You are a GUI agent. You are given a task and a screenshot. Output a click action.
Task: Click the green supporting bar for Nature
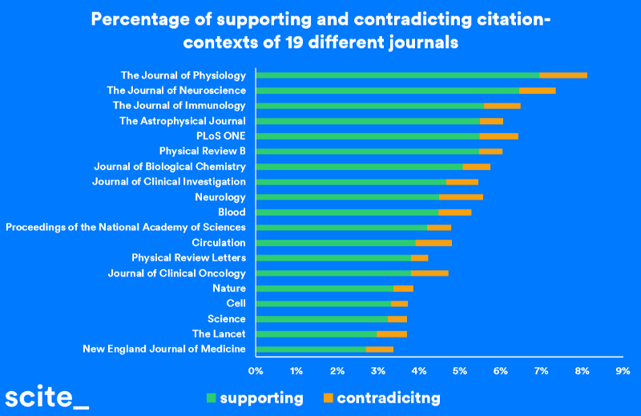325,289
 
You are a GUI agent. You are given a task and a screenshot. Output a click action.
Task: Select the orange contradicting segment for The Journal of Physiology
563,75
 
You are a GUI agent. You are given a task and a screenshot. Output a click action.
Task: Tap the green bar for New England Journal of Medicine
311,349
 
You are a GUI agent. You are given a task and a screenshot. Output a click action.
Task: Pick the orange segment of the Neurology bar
461,197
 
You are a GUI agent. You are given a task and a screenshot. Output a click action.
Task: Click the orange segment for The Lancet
392,334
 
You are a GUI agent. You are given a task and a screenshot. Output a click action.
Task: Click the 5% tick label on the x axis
460,371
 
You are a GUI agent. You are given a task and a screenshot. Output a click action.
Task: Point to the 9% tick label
623,371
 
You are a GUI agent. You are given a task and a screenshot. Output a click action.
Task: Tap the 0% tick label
256,371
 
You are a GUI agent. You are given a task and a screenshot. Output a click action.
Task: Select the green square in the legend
212,398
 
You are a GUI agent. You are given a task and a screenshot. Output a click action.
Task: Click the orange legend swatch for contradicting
329,398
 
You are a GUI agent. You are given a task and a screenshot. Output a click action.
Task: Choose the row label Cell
236,304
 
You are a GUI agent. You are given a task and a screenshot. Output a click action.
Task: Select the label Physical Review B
202,151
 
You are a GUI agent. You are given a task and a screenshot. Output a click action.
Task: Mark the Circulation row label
218,243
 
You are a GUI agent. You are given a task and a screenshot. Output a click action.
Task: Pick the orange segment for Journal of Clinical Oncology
429,273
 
